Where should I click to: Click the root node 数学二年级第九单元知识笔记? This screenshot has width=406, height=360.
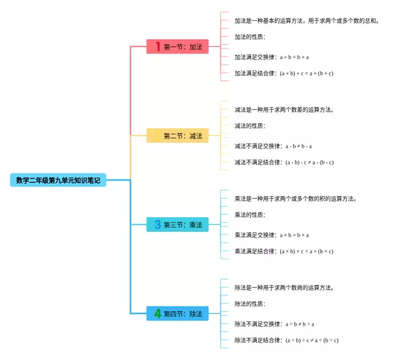point(58,180)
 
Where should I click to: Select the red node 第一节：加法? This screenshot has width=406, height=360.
point(178,46)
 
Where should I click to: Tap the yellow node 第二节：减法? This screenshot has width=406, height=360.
point(178,135)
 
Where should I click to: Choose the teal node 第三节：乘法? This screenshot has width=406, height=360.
point(178,224)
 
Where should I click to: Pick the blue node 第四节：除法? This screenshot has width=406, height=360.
point(178,313)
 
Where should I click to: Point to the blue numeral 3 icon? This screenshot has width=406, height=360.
point(158,224)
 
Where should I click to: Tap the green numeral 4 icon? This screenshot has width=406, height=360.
point(158,313)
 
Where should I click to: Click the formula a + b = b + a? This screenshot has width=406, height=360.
point(294,57)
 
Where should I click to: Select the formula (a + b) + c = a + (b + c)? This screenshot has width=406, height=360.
point(306,73)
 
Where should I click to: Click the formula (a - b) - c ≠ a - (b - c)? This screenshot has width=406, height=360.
point(309,162)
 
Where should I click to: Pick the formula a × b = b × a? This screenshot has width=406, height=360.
point(294,235)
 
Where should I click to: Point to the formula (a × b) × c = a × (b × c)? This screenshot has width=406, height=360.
point(306,251)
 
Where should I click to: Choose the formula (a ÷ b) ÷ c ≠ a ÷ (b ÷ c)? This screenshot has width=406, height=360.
point(311,340)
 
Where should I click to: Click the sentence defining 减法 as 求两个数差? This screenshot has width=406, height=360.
point(284,109)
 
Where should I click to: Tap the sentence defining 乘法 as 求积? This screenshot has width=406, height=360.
point(295,199)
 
